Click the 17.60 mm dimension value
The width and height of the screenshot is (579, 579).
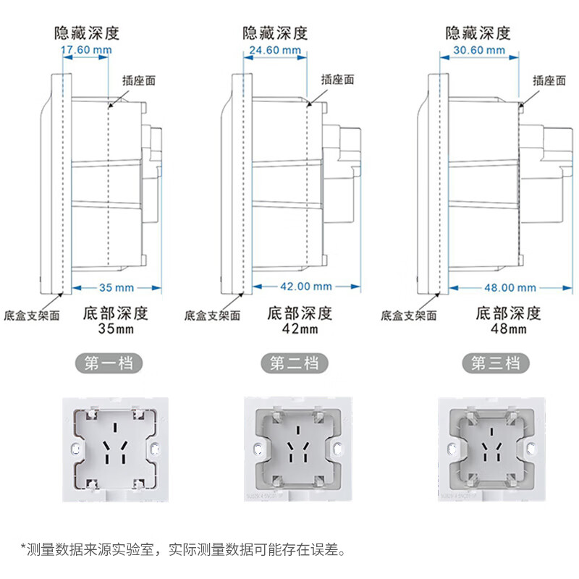pyautogui.click(x=85, y=50)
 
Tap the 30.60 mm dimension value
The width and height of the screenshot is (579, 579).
pyautogui.click(x=479, y=50)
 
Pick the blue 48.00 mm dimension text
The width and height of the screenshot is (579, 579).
pyautogui.click(x=511, y=287)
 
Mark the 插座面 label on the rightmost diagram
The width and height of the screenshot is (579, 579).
pyautogui.click(x=549, y=81)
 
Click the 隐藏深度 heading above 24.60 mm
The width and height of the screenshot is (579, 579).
pyautogui.click(x=275, y=33)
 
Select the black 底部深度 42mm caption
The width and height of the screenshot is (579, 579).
pyautogui.click(x=300, y=321)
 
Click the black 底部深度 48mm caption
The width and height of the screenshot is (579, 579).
pyautogui.click(x=508, y=321)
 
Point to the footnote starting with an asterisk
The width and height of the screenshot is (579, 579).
pyautogui.click(x=184, y=549)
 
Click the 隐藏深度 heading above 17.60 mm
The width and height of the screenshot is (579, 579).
pyautogui.click(x=86, y=33)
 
